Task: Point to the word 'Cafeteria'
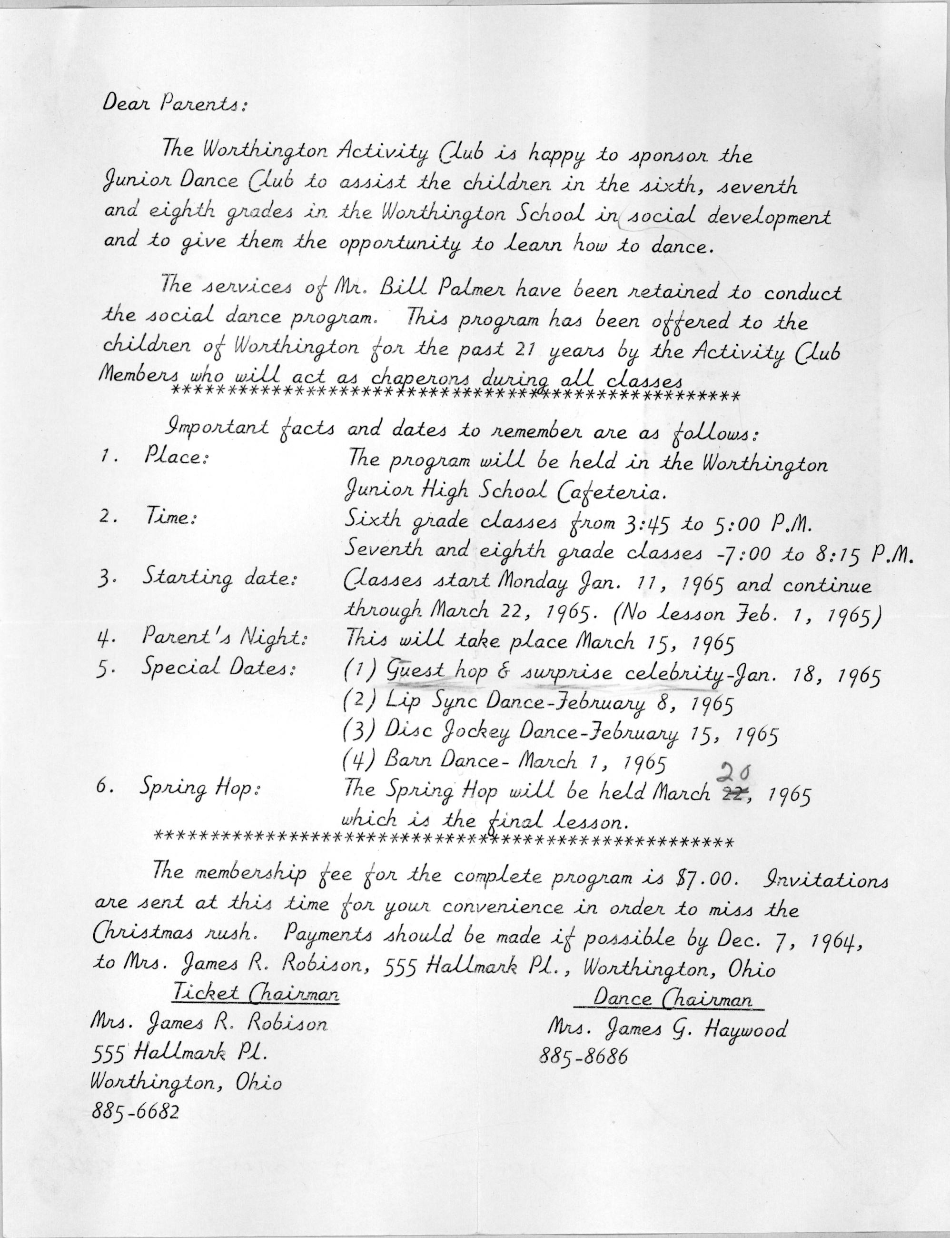point(608,494)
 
